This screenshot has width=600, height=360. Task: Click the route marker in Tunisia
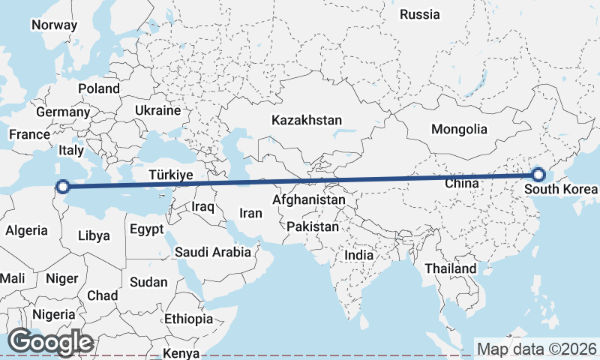pyautogui.click(x=64, y=186)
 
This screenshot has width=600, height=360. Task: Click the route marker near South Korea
pyautogui.click(x=538, y=175)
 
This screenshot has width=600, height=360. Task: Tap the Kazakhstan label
pyautogui.click(x=307, y=120)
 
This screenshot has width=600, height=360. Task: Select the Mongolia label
pyautogui.click(x=459, y=129)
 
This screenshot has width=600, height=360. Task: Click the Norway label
pyautogui.click(x=54, y=25)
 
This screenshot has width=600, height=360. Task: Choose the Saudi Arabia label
pyautogui.click(x=213, y=252)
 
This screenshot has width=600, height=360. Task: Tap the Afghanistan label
pyautogui.click(x=310, y=200)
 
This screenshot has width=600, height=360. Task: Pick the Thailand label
pyautogui.click(x=450, y=268)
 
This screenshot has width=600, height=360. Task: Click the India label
pyautogui.click(x=359, y=255)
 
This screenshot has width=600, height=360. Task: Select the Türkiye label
pyautogui.click(x=171, y=175)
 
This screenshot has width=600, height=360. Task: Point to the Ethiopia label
pyautogui.click(x=188, y=319)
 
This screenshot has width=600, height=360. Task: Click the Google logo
pyautogui.click(x=50, y=342)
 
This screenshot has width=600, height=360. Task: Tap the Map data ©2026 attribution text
pyautogui.click(x=536, y=349)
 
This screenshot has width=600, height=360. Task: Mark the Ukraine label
pyautogui.click(x=157, y=110)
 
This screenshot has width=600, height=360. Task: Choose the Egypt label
pyautogui.click(x=146, y=229)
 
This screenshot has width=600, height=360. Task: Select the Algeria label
pyautogui.click(x=26, y=231)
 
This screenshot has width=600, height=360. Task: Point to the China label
pyautogui.click(x=461, y=183)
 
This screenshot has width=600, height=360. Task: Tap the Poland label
pyautogui.click(x=99, y=88)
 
